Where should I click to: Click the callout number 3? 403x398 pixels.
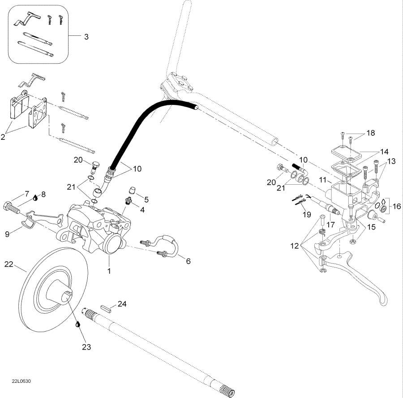click(86, 37)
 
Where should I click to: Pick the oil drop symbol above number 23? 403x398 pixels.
click(78, 324)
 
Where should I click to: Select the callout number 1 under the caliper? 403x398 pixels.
click(108, 271)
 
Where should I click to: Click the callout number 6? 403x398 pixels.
click(188, 260)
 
